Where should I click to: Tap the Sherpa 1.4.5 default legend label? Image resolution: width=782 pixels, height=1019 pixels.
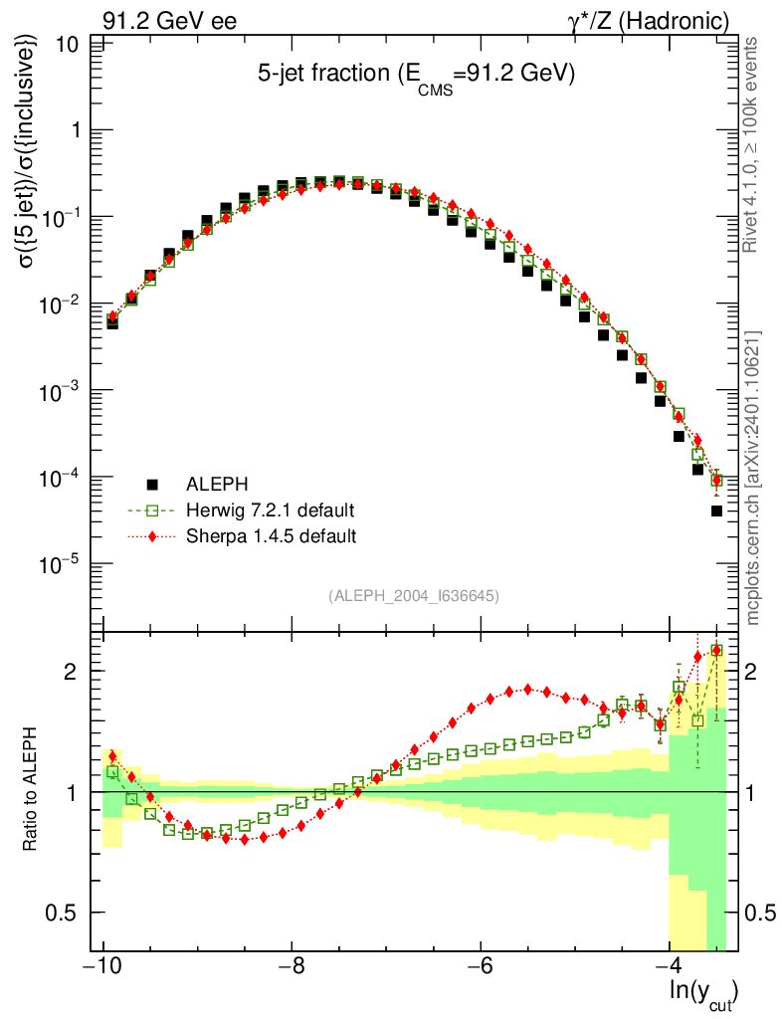[272, 536]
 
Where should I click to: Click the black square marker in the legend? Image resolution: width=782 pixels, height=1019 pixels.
[153, 485]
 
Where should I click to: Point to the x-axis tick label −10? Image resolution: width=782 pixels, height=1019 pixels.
[102, 968]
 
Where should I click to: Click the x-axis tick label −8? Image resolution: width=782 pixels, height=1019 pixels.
[291, 968]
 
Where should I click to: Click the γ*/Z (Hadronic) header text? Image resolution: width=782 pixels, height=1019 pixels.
[661, 21]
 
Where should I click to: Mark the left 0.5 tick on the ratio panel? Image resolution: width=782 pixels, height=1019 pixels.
[65, 913]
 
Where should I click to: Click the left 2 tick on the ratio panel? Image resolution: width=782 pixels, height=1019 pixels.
[79, 671]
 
